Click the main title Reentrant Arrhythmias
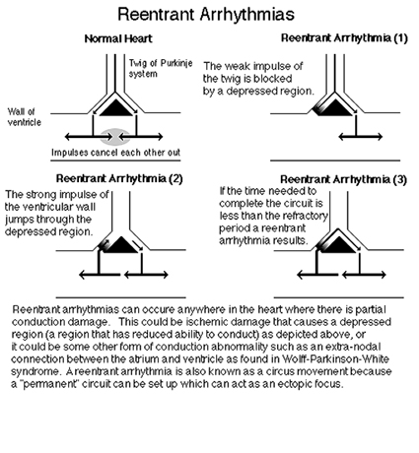pyautogui.click(x=206, y=15)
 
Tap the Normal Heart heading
pyautogui.click(x=118, y=39)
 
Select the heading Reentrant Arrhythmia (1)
pyautogui.click(x=344, y=38)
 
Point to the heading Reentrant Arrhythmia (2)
pyautogui.click(x=119, y=179)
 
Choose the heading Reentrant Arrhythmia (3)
pyautogui.click(x=343, y=179)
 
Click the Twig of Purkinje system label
pyautogui.click(x=161, y=68)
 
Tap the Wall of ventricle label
pyautogui.click(x=25, y=117)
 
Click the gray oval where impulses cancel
pyautogui.click(x=115, y=137)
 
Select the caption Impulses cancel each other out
pyautogui.click(x=116, y=153)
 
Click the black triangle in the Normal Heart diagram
pyautogui.click(x=116, y=108)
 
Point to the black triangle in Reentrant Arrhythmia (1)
pyautogui.click(x=335, y=108)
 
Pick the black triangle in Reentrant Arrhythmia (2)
pyautogui.click(x=121, y=245)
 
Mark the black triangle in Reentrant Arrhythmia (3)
pyautogui.click(x=339, y=245)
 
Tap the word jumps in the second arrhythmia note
pyautogui.click(x=20, y=220)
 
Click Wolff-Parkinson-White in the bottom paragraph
pyautogui.click(x=336, y=359)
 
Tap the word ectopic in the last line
pyautogui.click(x=293, y=384)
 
